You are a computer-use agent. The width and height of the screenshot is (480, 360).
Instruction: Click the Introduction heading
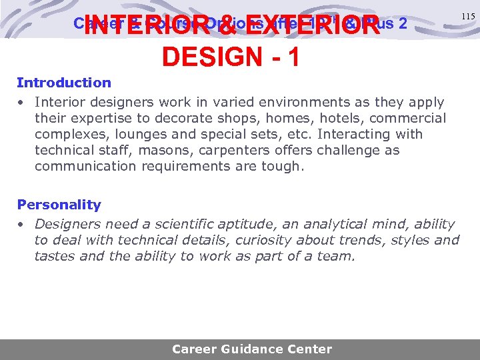pyautogui.click(x=64, y=83)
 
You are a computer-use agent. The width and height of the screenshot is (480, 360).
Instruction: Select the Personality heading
pyautogui.click(x=59, y=205)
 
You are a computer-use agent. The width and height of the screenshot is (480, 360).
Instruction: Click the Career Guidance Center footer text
pyautogui.click(x=252, y=349)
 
